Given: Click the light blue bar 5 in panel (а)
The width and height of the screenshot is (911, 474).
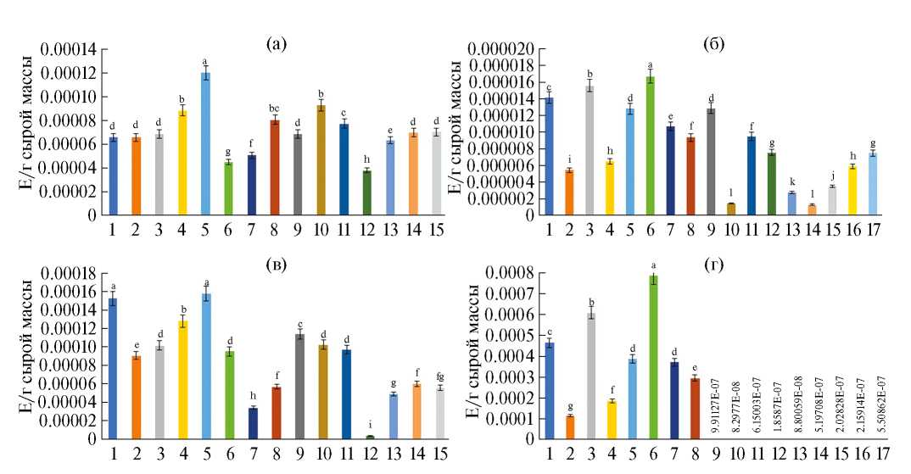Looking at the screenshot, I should tap(205, 144).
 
